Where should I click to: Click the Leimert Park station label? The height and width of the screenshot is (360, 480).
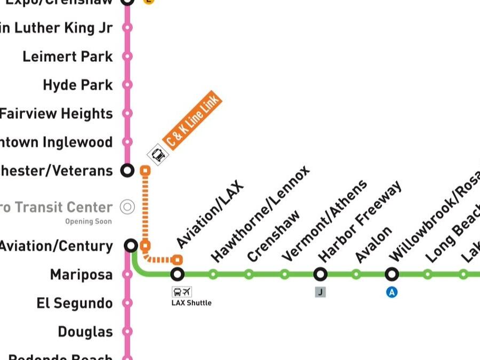(67, 57)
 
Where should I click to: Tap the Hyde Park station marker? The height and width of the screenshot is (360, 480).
(127, 85)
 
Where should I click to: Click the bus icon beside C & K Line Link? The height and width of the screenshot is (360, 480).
(158, 155)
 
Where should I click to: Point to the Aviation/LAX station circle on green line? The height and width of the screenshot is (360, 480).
(178, 275)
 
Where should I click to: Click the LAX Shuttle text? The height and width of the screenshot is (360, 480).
(191, 303)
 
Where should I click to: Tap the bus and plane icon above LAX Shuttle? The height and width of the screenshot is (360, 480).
(181, 292)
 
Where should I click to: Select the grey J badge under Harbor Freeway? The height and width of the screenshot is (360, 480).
(320, 292)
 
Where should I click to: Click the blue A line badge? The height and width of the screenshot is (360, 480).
(392, 292)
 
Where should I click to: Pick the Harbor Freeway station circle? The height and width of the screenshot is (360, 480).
(320, 275)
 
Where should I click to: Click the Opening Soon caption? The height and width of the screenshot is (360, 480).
(89, 221)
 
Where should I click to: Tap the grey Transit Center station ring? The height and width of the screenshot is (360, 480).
(127, 207)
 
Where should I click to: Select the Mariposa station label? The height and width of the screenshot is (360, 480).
(81, 275)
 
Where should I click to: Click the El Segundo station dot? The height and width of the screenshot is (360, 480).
(127, 303)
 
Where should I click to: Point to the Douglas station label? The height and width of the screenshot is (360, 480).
(85, 332)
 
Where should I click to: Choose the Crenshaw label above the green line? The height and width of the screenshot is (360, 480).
(273, 236)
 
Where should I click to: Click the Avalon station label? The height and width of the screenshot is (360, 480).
(373, 244)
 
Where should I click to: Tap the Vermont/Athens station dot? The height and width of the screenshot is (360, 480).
(284, 275)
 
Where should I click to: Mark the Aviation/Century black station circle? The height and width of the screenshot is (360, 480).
(131, 245)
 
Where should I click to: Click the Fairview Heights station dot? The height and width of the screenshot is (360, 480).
(127, 113)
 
